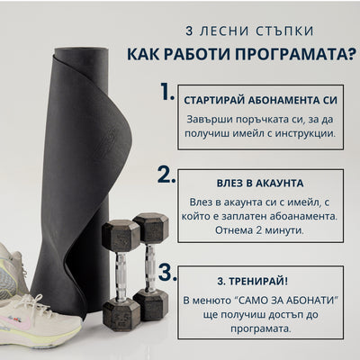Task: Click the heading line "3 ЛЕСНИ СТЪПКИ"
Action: coord(249,31)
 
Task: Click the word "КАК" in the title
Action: coord(143,54)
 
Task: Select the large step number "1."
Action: coord(167,92)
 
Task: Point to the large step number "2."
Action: coord(166,174)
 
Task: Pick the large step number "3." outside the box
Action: coord(167,273)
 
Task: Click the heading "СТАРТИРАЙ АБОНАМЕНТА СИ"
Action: coord(260,101)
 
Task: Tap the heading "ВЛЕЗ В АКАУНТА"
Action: coord(260,184)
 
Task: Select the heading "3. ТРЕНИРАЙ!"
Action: coord(252,282)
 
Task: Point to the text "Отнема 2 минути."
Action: coord(259,230)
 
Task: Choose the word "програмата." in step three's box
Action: coord(261,328)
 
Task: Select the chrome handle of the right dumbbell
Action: coord(150,267)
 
